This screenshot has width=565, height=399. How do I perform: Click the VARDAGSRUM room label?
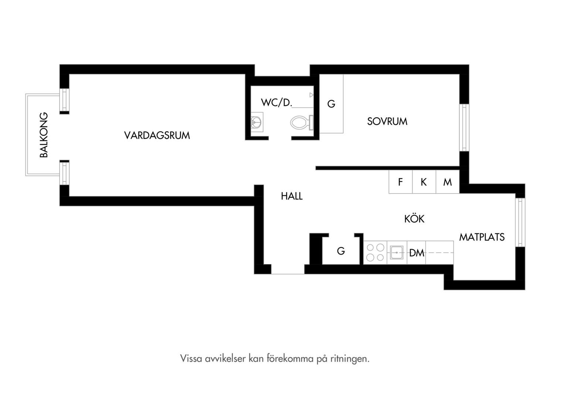(x=157, y=135)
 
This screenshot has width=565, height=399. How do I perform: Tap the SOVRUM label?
(x=387, y=122)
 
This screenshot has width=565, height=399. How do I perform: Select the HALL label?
(x=292, y=196)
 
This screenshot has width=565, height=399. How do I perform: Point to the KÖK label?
(x=415, y=218)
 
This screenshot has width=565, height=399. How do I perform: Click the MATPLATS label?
(x=482, y=237)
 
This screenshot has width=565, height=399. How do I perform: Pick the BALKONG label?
(x=44, y=135)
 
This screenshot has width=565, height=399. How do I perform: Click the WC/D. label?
(x=277, y=102)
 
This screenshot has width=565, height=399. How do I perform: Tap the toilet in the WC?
(x=302, y=123)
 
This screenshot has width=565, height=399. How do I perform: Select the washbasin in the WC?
(x=257, y=122)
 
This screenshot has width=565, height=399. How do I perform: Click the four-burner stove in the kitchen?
(x=375, y=253)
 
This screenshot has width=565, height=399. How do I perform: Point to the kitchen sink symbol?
(x=397, y=253)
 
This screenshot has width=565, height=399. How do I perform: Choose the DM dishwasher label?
(x=417, y=253)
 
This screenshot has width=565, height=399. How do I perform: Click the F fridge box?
(x=400, y=182)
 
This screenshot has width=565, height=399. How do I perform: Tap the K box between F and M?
(x=424, y=182)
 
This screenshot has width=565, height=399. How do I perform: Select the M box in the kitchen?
(x=448, y=182)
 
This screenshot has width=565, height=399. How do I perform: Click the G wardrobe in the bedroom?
(x=331, y=103)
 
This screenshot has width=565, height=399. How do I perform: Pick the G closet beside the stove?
(x=341, y=251)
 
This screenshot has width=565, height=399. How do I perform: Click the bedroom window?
(x=464, y=128)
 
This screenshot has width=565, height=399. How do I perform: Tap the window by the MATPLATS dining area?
(x=520, y=222)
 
